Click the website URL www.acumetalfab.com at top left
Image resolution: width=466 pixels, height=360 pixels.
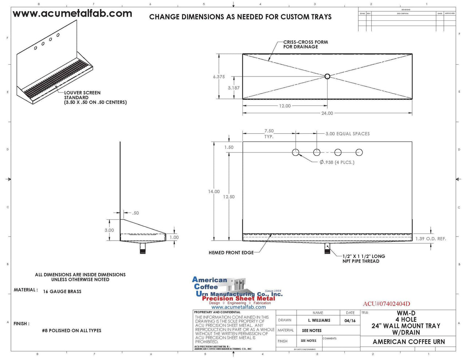pos(72,14)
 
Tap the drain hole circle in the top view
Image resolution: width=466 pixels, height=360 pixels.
pos(327,76)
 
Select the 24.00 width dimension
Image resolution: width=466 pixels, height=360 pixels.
pos(327,113)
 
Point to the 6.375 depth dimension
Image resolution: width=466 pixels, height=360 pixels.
pos(219,77)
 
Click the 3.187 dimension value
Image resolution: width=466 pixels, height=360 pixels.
pos(233,88)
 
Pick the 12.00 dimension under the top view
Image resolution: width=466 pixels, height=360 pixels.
pos(285,106)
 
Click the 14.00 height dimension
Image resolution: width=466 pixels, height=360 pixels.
pos(214,191)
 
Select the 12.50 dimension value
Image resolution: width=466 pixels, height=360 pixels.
pos(229,197)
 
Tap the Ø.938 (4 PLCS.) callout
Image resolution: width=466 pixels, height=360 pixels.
pos(337,162)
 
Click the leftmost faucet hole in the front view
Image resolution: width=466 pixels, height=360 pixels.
pos(296,152)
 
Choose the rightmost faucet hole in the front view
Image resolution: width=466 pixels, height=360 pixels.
pos(359,152)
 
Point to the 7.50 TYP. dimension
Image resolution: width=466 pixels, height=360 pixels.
pos(269,134)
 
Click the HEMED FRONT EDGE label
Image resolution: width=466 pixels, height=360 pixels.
pos(231,253)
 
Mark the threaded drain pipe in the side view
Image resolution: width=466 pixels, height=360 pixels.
pos(143,249)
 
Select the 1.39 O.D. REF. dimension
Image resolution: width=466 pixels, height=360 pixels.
pos(431,239)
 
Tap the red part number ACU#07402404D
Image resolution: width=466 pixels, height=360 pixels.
pos(386,304)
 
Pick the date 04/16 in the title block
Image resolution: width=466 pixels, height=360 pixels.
pos(350,321)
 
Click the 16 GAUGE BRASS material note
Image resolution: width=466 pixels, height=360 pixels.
pos(62,292)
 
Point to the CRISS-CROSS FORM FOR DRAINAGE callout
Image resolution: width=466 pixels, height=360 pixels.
pos(305,44)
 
